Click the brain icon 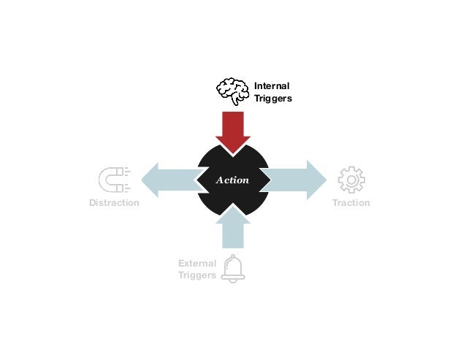pyautogui.click(x=233, y=91)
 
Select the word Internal pyautogui.click(x=272, y=86)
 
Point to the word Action pyautogui.click(x=233, y=180)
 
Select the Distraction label pyautogui.click(x=114, y=203)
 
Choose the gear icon pyautogui.click(x=351, y=180)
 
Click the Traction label pyautogui.click(x=351, y=203)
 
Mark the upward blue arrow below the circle pyautogui.click(x=233, y=226)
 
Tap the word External pyautogui.click(x=197, y=263)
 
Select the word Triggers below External pyautogui.click(x=197, y=275)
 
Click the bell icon pyautogui.click(x=234, y=268)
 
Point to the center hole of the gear pyautogui.click(x=351, y=180)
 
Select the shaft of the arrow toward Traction pyautogui.click(x=285, y=180)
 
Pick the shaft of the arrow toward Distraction pyautogui.click(x=179, y=180)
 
